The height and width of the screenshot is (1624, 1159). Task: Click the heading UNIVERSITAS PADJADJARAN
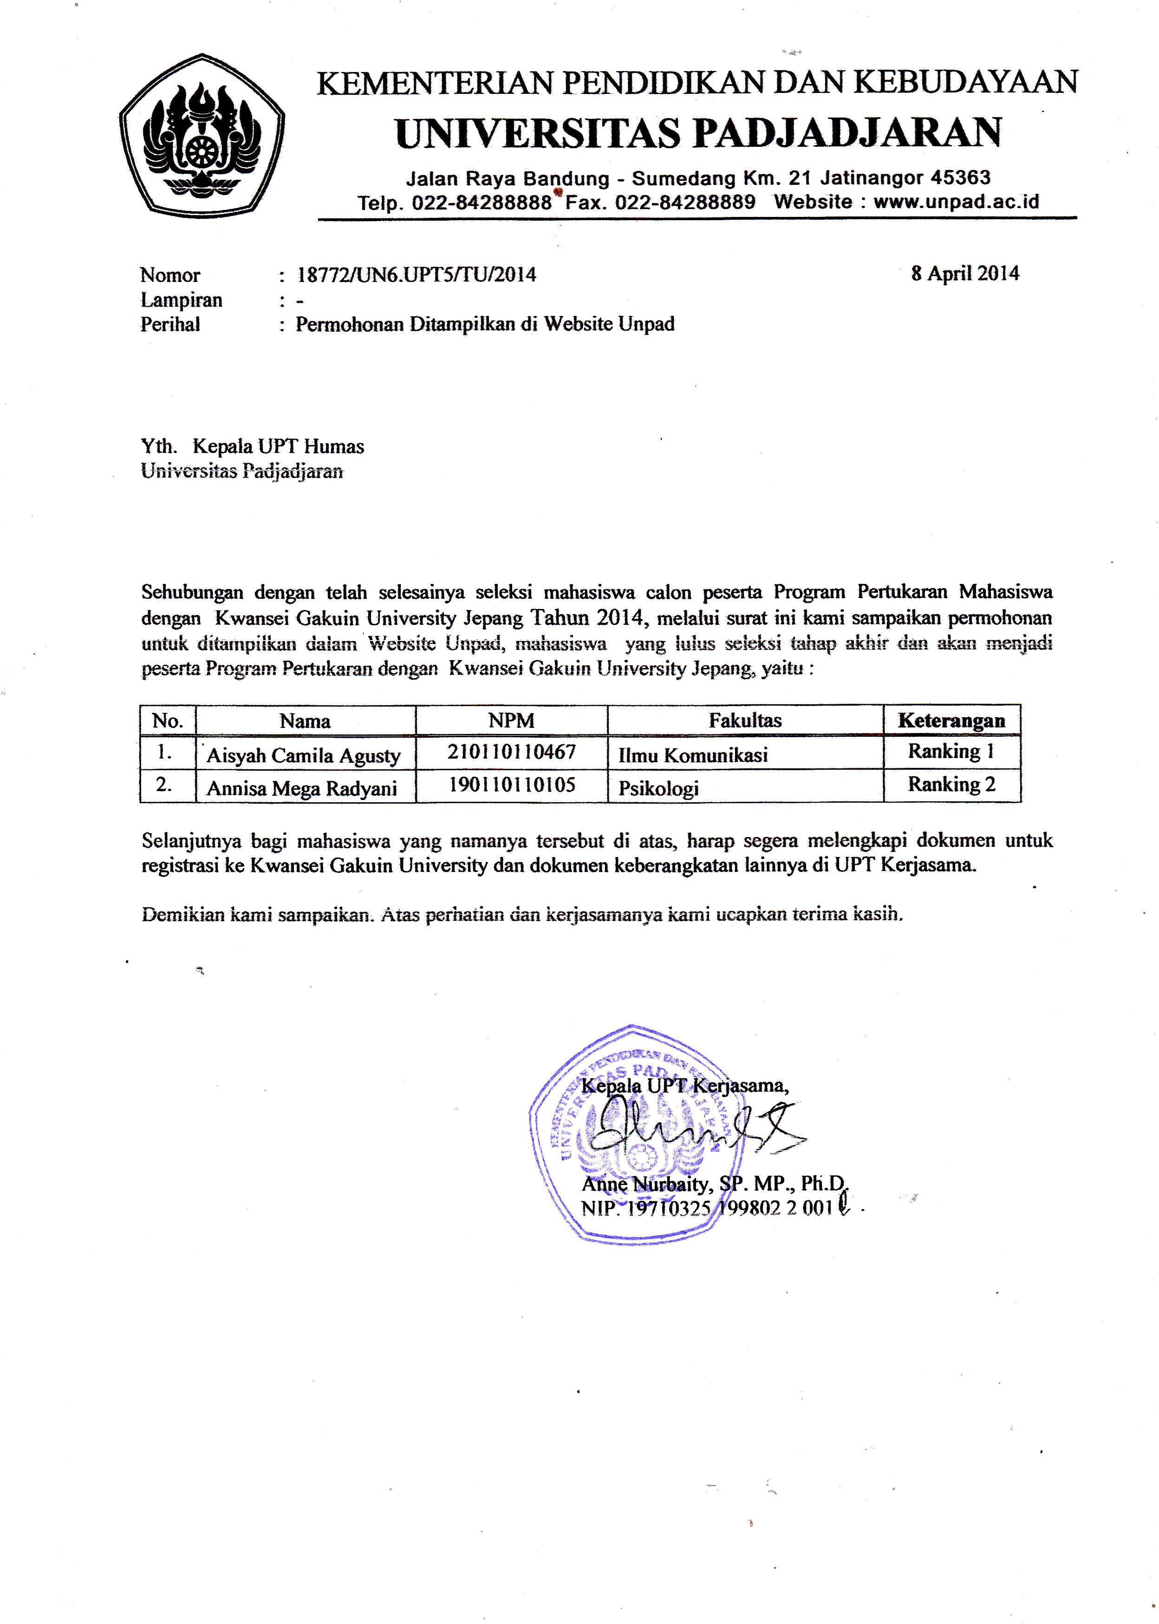pos(698,133)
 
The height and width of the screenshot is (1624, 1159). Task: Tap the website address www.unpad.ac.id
pos(957,202)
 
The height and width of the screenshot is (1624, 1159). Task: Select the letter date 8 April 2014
pos(965,274)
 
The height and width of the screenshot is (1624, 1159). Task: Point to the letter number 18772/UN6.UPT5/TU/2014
pos(416,275)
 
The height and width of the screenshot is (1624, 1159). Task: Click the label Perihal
pos(170,324)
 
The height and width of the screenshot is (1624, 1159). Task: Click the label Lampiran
pos(181,300)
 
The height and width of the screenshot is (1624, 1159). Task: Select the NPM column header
pos(511,720)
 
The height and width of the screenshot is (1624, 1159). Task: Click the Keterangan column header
pos(951,720)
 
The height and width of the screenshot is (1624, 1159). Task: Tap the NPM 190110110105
pos(512,785)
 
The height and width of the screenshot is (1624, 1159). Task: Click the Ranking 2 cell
pos(951,785)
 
